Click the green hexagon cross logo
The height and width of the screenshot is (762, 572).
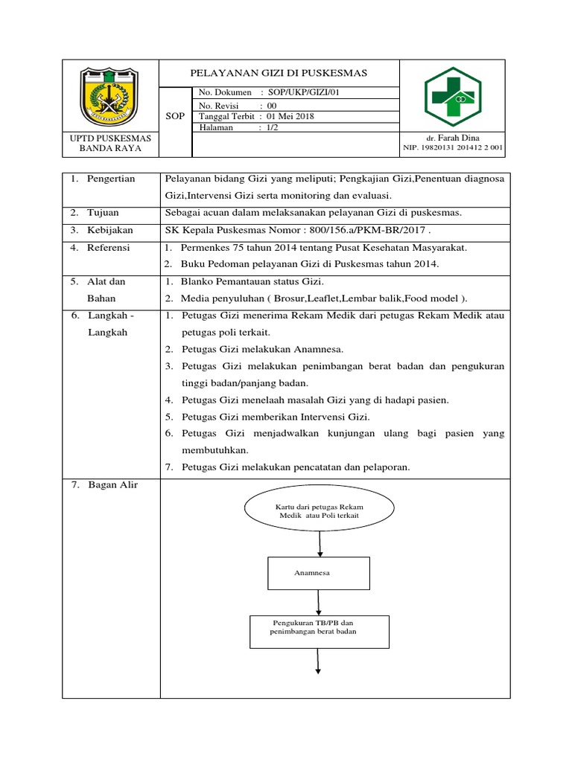[454, 97]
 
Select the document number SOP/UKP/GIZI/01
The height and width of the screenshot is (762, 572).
[306, 92]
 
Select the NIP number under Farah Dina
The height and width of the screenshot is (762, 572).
[453, 148]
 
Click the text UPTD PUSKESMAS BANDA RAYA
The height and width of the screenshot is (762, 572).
[110, 143]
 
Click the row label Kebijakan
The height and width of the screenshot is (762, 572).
[109, 230]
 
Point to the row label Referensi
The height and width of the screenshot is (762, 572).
[108, 247]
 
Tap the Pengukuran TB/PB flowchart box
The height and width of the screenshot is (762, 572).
[318, 631]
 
